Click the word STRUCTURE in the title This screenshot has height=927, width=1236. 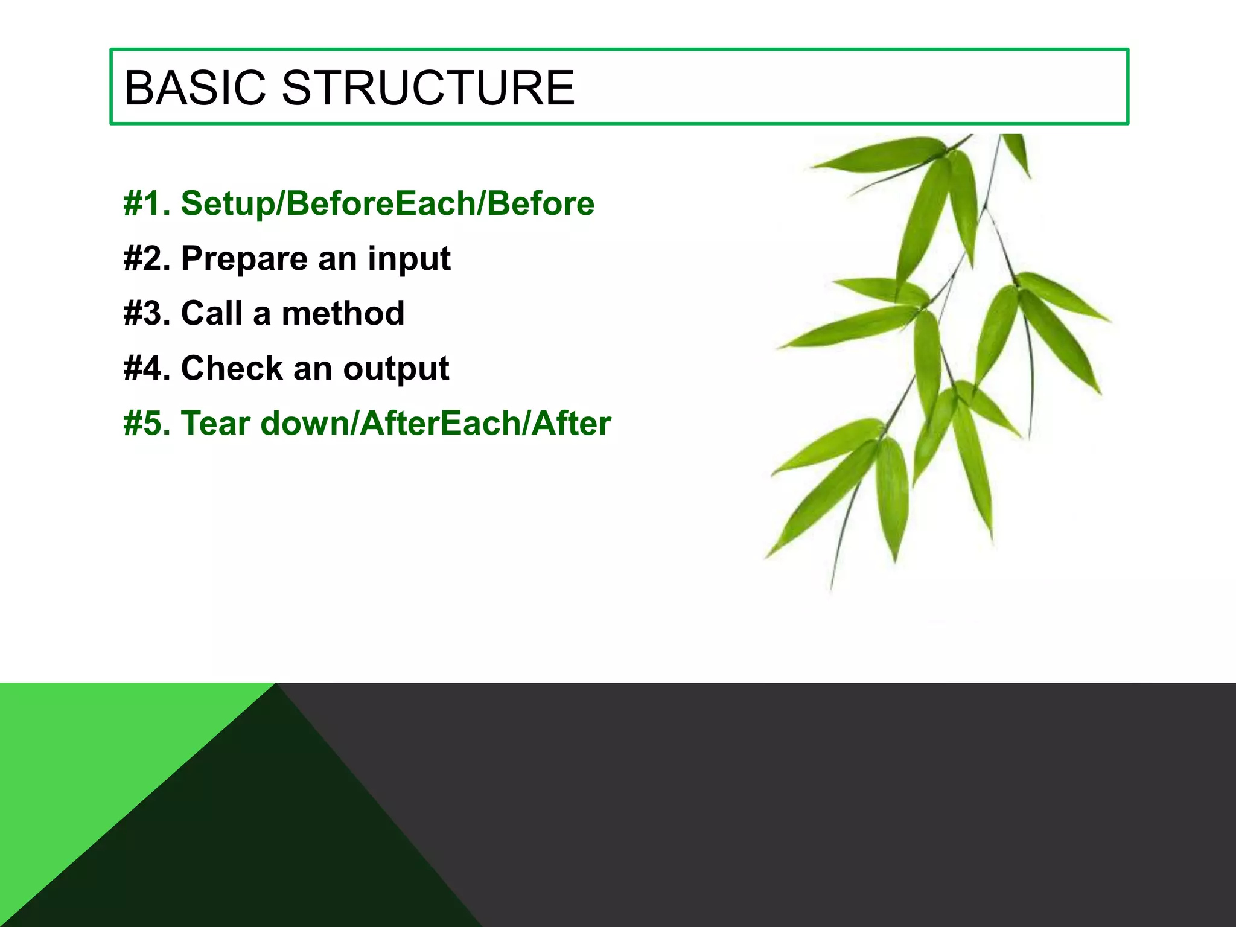(x=428, y=88)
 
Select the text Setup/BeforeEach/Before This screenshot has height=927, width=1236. (x=387, y=203)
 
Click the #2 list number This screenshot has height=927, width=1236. (x=147, y=258)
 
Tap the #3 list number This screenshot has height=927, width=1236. (x=147, y=313)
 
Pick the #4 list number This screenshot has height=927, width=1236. (x=147, y=368)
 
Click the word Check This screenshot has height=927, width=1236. (x=232, y=368)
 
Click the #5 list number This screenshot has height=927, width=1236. (x=147, y=423)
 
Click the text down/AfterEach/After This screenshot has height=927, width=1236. (x=436, y=423)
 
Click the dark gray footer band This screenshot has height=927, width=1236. (x=845, y=803)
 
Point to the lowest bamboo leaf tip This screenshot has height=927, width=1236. (x=832, y=587)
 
